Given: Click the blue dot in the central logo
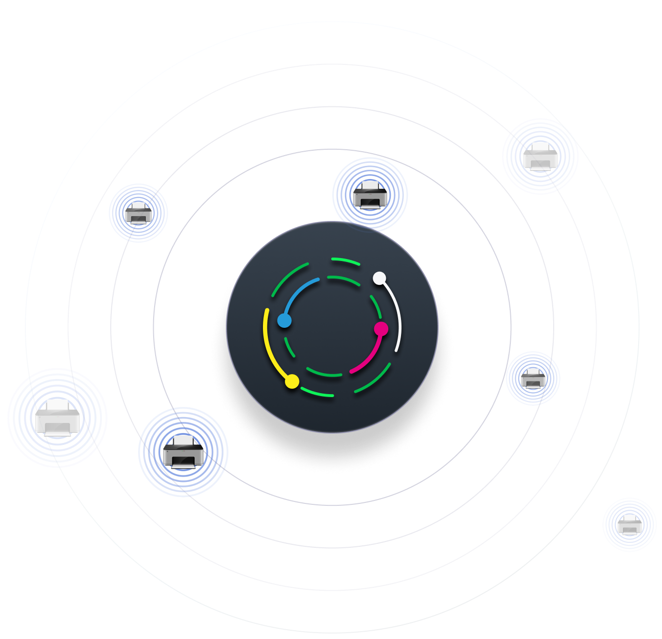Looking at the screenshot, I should [x=284, y=320].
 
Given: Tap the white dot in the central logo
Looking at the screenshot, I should [x=380, y=278].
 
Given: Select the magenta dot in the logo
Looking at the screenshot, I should [x=381, y=329].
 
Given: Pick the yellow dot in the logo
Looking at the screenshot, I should [x=292, y=381].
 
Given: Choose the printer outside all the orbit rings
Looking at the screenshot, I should [x=629, y=525].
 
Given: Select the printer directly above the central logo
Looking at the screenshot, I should [x=370, y=195].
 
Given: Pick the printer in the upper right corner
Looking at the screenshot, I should [x=540, y=157].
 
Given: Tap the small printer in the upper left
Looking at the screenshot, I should [x=139, y=213].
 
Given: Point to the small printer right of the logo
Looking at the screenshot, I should [x=533, y=378].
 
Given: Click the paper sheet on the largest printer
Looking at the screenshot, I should [x=58, y=405].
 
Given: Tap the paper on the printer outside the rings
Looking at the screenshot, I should [x=629, y=518].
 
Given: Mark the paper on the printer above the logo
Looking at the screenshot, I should [x=370, y=185].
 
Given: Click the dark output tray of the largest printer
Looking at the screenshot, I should [x=58, y=429].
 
